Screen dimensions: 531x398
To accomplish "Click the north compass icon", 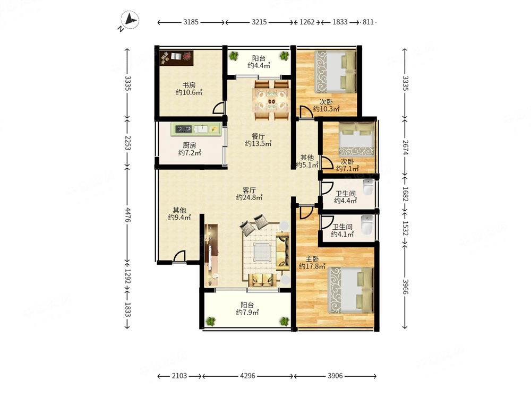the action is tap(130, 20).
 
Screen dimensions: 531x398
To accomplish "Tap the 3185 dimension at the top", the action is tap(191, 22).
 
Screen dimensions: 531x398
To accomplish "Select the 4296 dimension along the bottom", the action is tap(247, 376).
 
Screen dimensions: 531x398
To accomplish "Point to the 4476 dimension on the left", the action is tap(127, 215).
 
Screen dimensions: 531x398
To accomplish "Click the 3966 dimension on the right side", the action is tap(405, 287).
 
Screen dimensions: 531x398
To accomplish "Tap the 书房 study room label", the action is tap(189, 85).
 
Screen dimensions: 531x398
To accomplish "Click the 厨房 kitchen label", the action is tap(190, 145).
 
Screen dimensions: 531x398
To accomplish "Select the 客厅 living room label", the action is tap(249, 190).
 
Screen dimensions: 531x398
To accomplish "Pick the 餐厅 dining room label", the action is tap(258, 136).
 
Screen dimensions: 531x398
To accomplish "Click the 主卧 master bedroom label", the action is tap(312, 259).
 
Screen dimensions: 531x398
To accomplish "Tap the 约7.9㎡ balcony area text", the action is tap(247, 312).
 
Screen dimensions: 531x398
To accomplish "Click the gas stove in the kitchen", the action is tap(184, 129).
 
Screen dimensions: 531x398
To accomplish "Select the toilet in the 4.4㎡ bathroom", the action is tap(368, 187).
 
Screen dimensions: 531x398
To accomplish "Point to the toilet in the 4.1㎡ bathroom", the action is tap(367, 224).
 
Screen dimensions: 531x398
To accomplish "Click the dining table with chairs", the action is tap(271, 100).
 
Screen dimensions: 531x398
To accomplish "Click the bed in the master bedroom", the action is tap(350, 290).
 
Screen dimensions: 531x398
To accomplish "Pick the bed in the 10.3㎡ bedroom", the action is tap(335, 72).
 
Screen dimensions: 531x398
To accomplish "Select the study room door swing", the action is tap(218, 108).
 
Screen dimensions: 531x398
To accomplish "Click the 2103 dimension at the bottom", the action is tap(179, 376).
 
